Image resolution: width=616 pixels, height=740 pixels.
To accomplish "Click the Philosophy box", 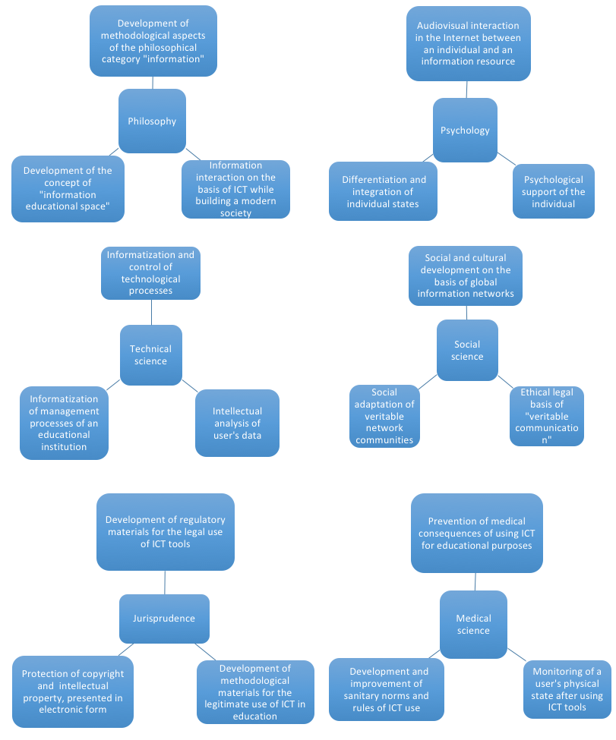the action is (x=152, y=121).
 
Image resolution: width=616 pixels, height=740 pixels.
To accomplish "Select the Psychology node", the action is (x=466, y=131).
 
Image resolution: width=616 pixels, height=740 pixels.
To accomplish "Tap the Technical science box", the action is (x=151, y=355).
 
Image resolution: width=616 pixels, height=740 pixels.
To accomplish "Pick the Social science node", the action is (x=467, y=350).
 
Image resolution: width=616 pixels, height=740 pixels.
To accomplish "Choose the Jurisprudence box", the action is (x=164, y=619).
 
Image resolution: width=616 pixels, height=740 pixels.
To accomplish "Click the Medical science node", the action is (x=473, y=625).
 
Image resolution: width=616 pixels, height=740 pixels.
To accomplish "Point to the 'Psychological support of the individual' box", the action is (x=554, y=191).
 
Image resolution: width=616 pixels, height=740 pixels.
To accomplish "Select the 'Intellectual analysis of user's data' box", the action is (x=237, y=423).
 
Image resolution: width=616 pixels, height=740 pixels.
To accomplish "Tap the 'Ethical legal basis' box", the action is (x=547, y=416).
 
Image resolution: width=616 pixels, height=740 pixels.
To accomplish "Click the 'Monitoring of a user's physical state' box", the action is (x=567, y=689).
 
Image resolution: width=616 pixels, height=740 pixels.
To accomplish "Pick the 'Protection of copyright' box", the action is (x=73, y=691).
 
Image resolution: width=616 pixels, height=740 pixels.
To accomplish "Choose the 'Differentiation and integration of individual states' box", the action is (x=383, y=191).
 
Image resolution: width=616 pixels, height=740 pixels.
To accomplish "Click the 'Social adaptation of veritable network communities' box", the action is (x=384, y=416).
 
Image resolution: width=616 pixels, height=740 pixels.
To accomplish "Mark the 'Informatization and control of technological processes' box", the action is (x=150, y=272).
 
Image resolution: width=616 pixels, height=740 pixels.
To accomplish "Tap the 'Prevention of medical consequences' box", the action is (x=477, y=534).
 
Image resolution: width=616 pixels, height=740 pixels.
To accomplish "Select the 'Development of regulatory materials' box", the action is (x=166, y=532).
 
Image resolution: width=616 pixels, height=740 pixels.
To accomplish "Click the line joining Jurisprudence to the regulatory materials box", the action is (x=165, y=582).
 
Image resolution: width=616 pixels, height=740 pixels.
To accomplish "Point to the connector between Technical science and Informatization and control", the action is (x=152, y=312).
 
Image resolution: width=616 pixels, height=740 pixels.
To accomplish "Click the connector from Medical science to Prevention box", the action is (x=475, y=581).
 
